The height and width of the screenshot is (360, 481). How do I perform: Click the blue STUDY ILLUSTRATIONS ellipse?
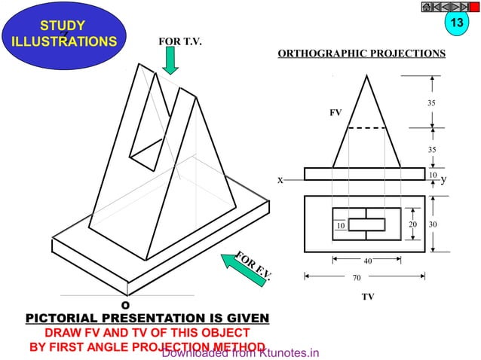63,35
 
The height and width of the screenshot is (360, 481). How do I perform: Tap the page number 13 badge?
455,23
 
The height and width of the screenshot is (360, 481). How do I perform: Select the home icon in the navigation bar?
427,8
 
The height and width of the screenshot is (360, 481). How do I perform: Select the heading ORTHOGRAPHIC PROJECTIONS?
361,54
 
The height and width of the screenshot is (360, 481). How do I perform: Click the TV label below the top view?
367,297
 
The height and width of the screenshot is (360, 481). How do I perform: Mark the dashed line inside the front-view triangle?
367,128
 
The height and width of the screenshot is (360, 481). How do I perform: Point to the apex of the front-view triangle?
367,75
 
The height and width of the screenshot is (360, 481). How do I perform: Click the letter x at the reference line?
279,181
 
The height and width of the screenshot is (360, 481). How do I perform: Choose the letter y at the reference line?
444,180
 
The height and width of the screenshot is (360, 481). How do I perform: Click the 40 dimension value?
368,261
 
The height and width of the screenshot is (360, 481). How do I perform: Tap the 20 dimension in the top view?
412,224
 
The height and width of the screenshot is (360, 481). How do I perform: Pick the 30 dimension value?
433,224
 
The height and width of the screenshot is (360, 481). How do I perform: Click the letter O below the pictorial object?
126,304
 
